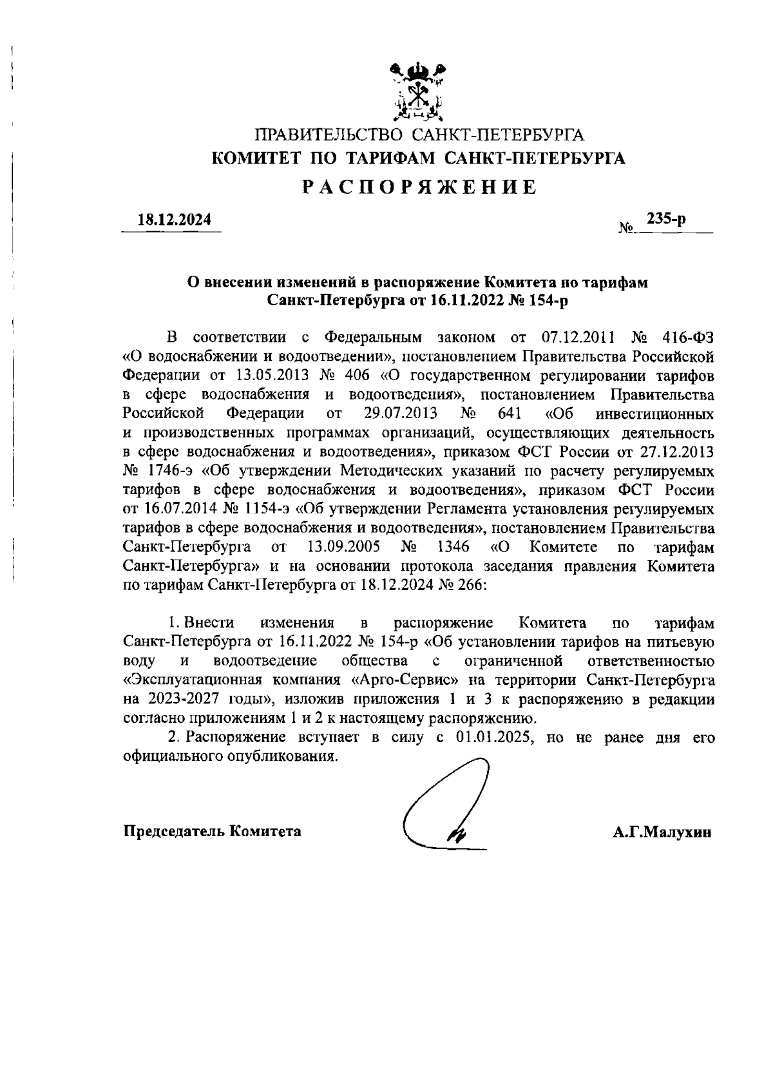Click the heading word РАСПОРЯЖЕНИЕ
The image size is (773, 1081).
point(419,187)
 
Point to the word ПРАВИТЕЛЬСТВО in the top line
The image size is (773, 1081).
point(329,135)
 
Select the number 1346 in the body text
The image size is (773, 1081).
point(453,548)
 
